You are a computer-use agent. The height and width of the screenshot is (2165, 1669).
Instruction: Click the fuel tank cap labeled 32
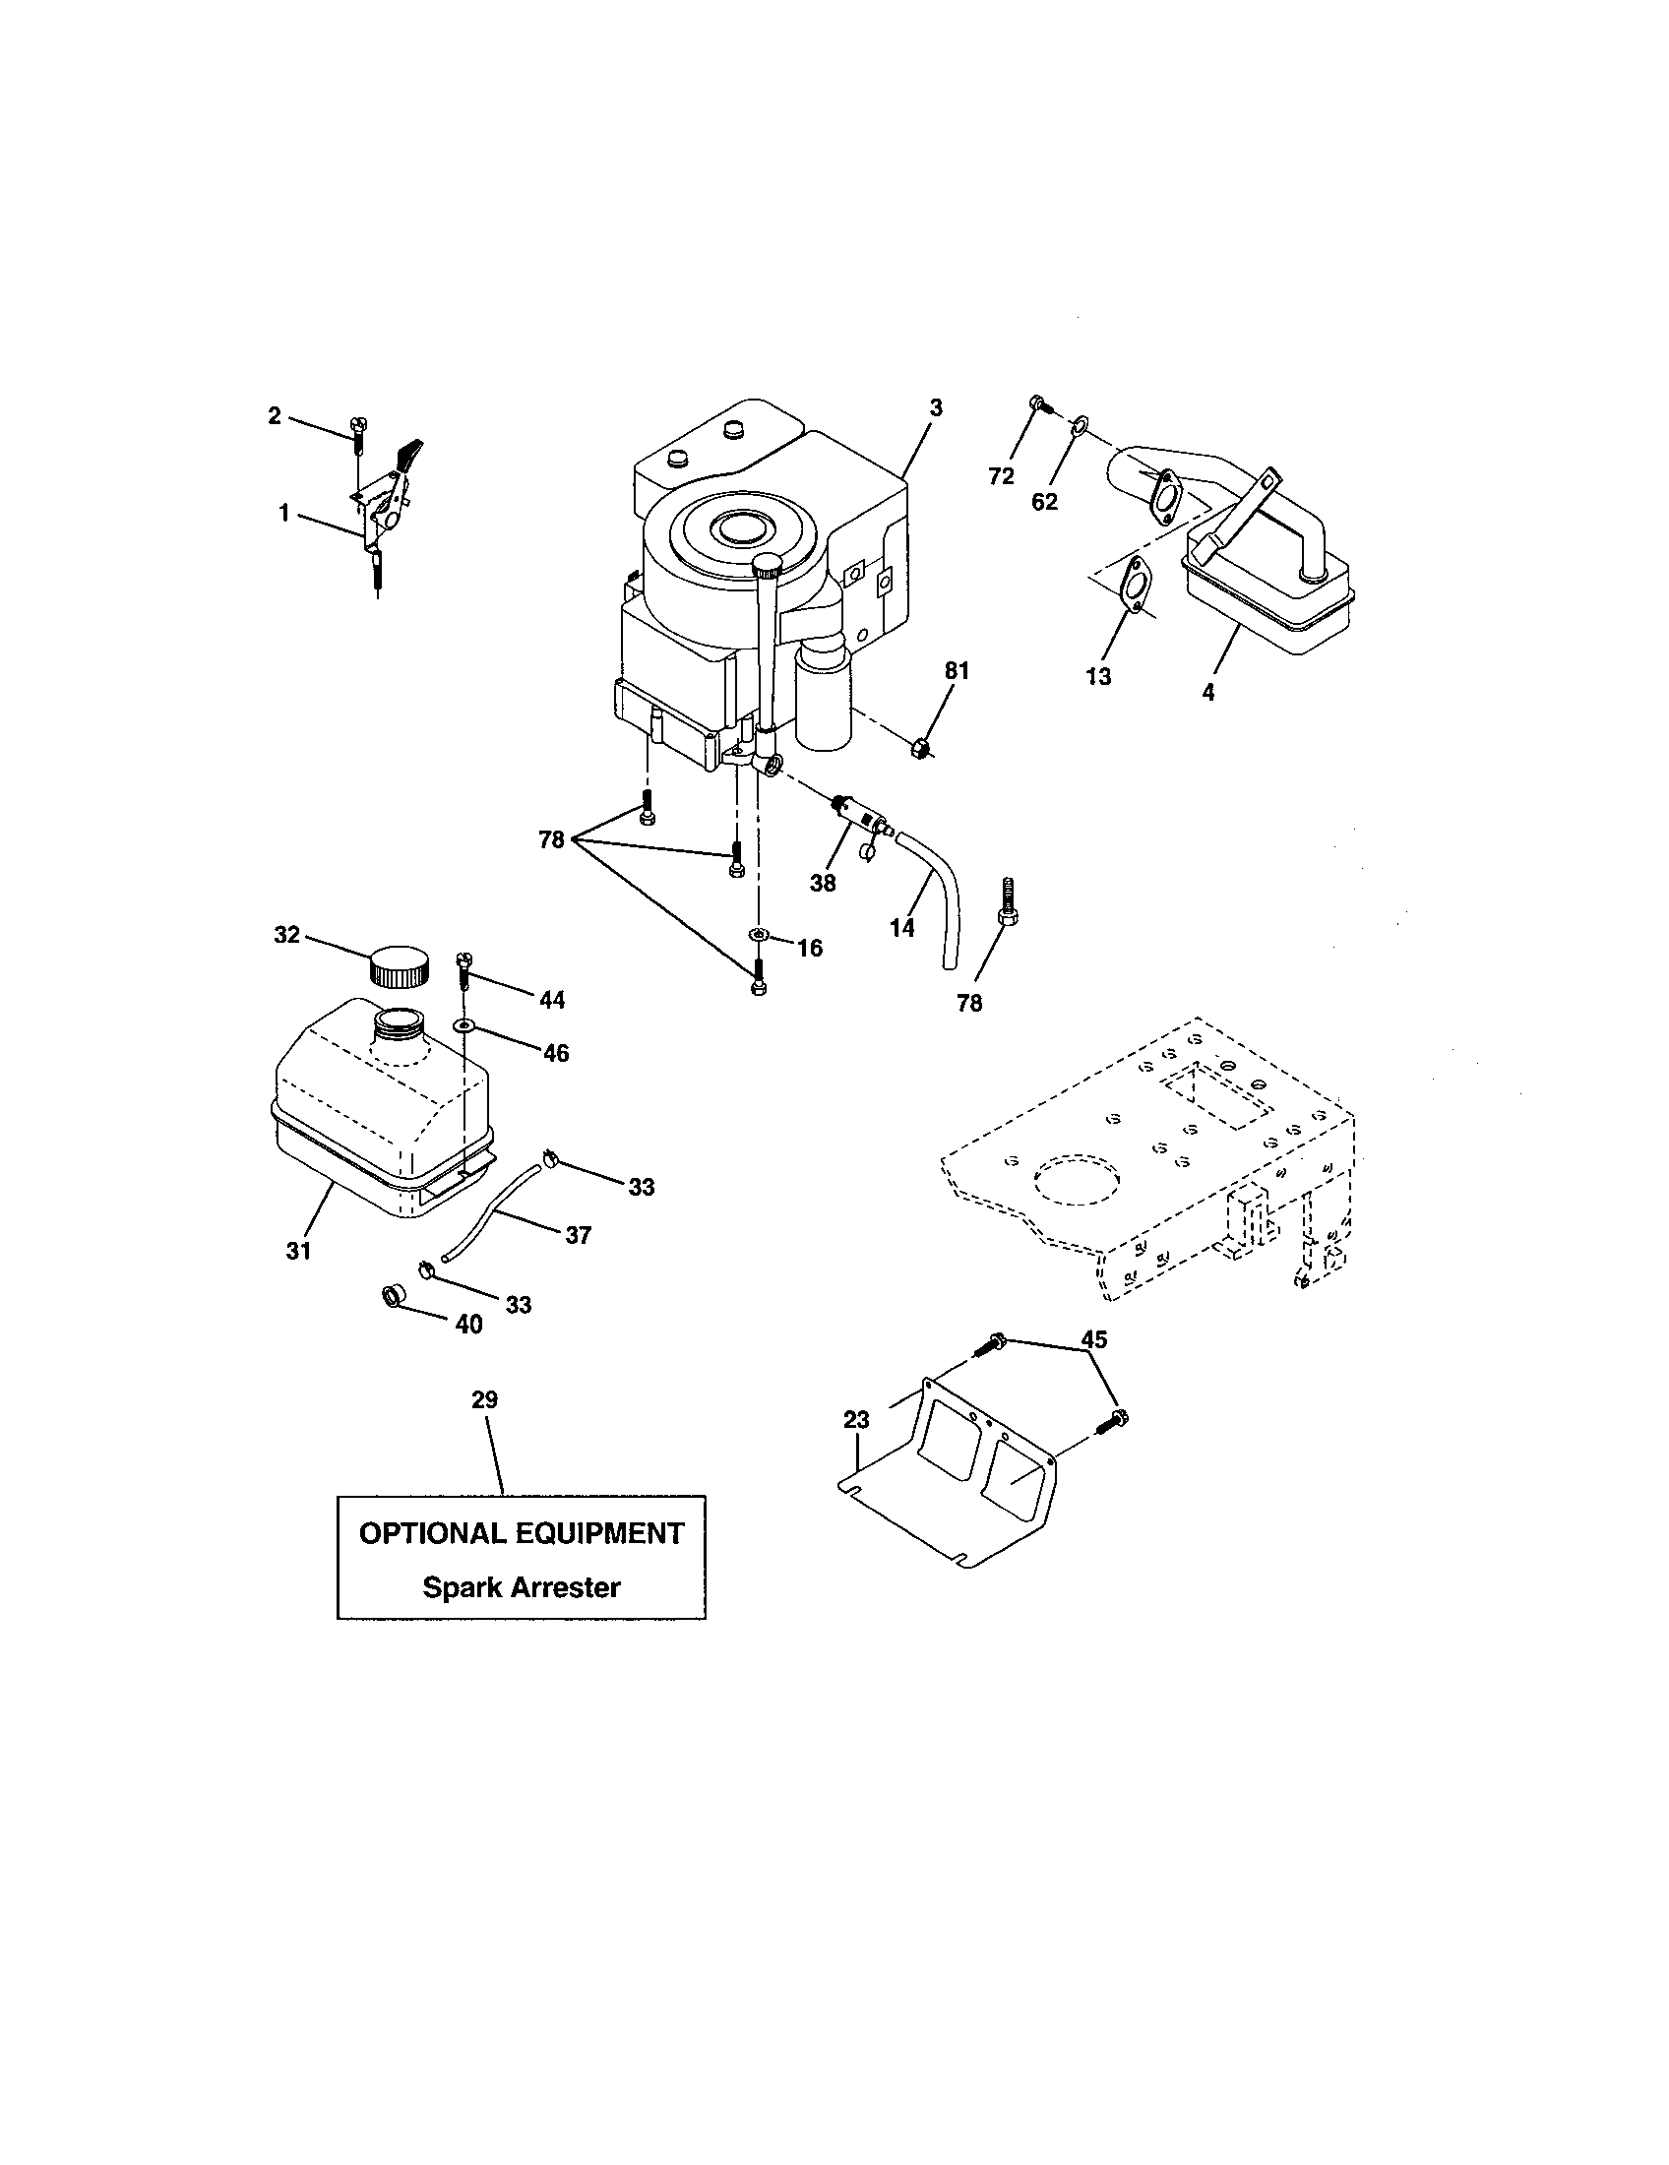400,965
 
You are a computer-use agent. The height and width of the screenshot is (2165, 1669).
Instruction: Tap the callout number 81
956,671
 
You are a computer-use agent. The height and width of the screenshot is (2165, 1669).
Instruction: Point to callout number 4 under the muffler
1207,693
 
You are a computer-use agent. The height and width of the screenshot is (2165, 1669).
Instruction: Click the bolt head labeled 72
1037,403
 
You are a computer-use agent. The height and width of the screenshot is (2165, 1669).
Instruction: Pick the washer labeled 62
1080,426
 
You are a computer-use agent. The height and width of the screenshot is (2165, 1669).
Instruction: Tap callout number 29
484,1399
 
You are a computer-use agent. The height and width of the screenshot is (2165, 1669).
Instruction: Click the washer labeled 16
759,934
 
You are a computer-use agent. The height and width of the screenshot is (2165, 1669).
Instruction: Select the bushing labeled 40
393,1296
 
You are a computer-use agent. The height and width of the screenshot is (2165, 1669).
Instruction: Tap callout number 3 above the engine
935,407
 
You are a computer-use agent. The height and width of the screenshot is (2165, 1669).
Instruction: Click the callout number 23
856,1419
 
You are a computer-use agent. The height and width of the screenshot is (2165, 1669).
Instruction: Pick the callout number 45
1093,1339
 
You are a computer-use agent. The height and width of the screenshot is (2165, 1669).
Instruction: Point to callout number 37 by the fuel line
578,1235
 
